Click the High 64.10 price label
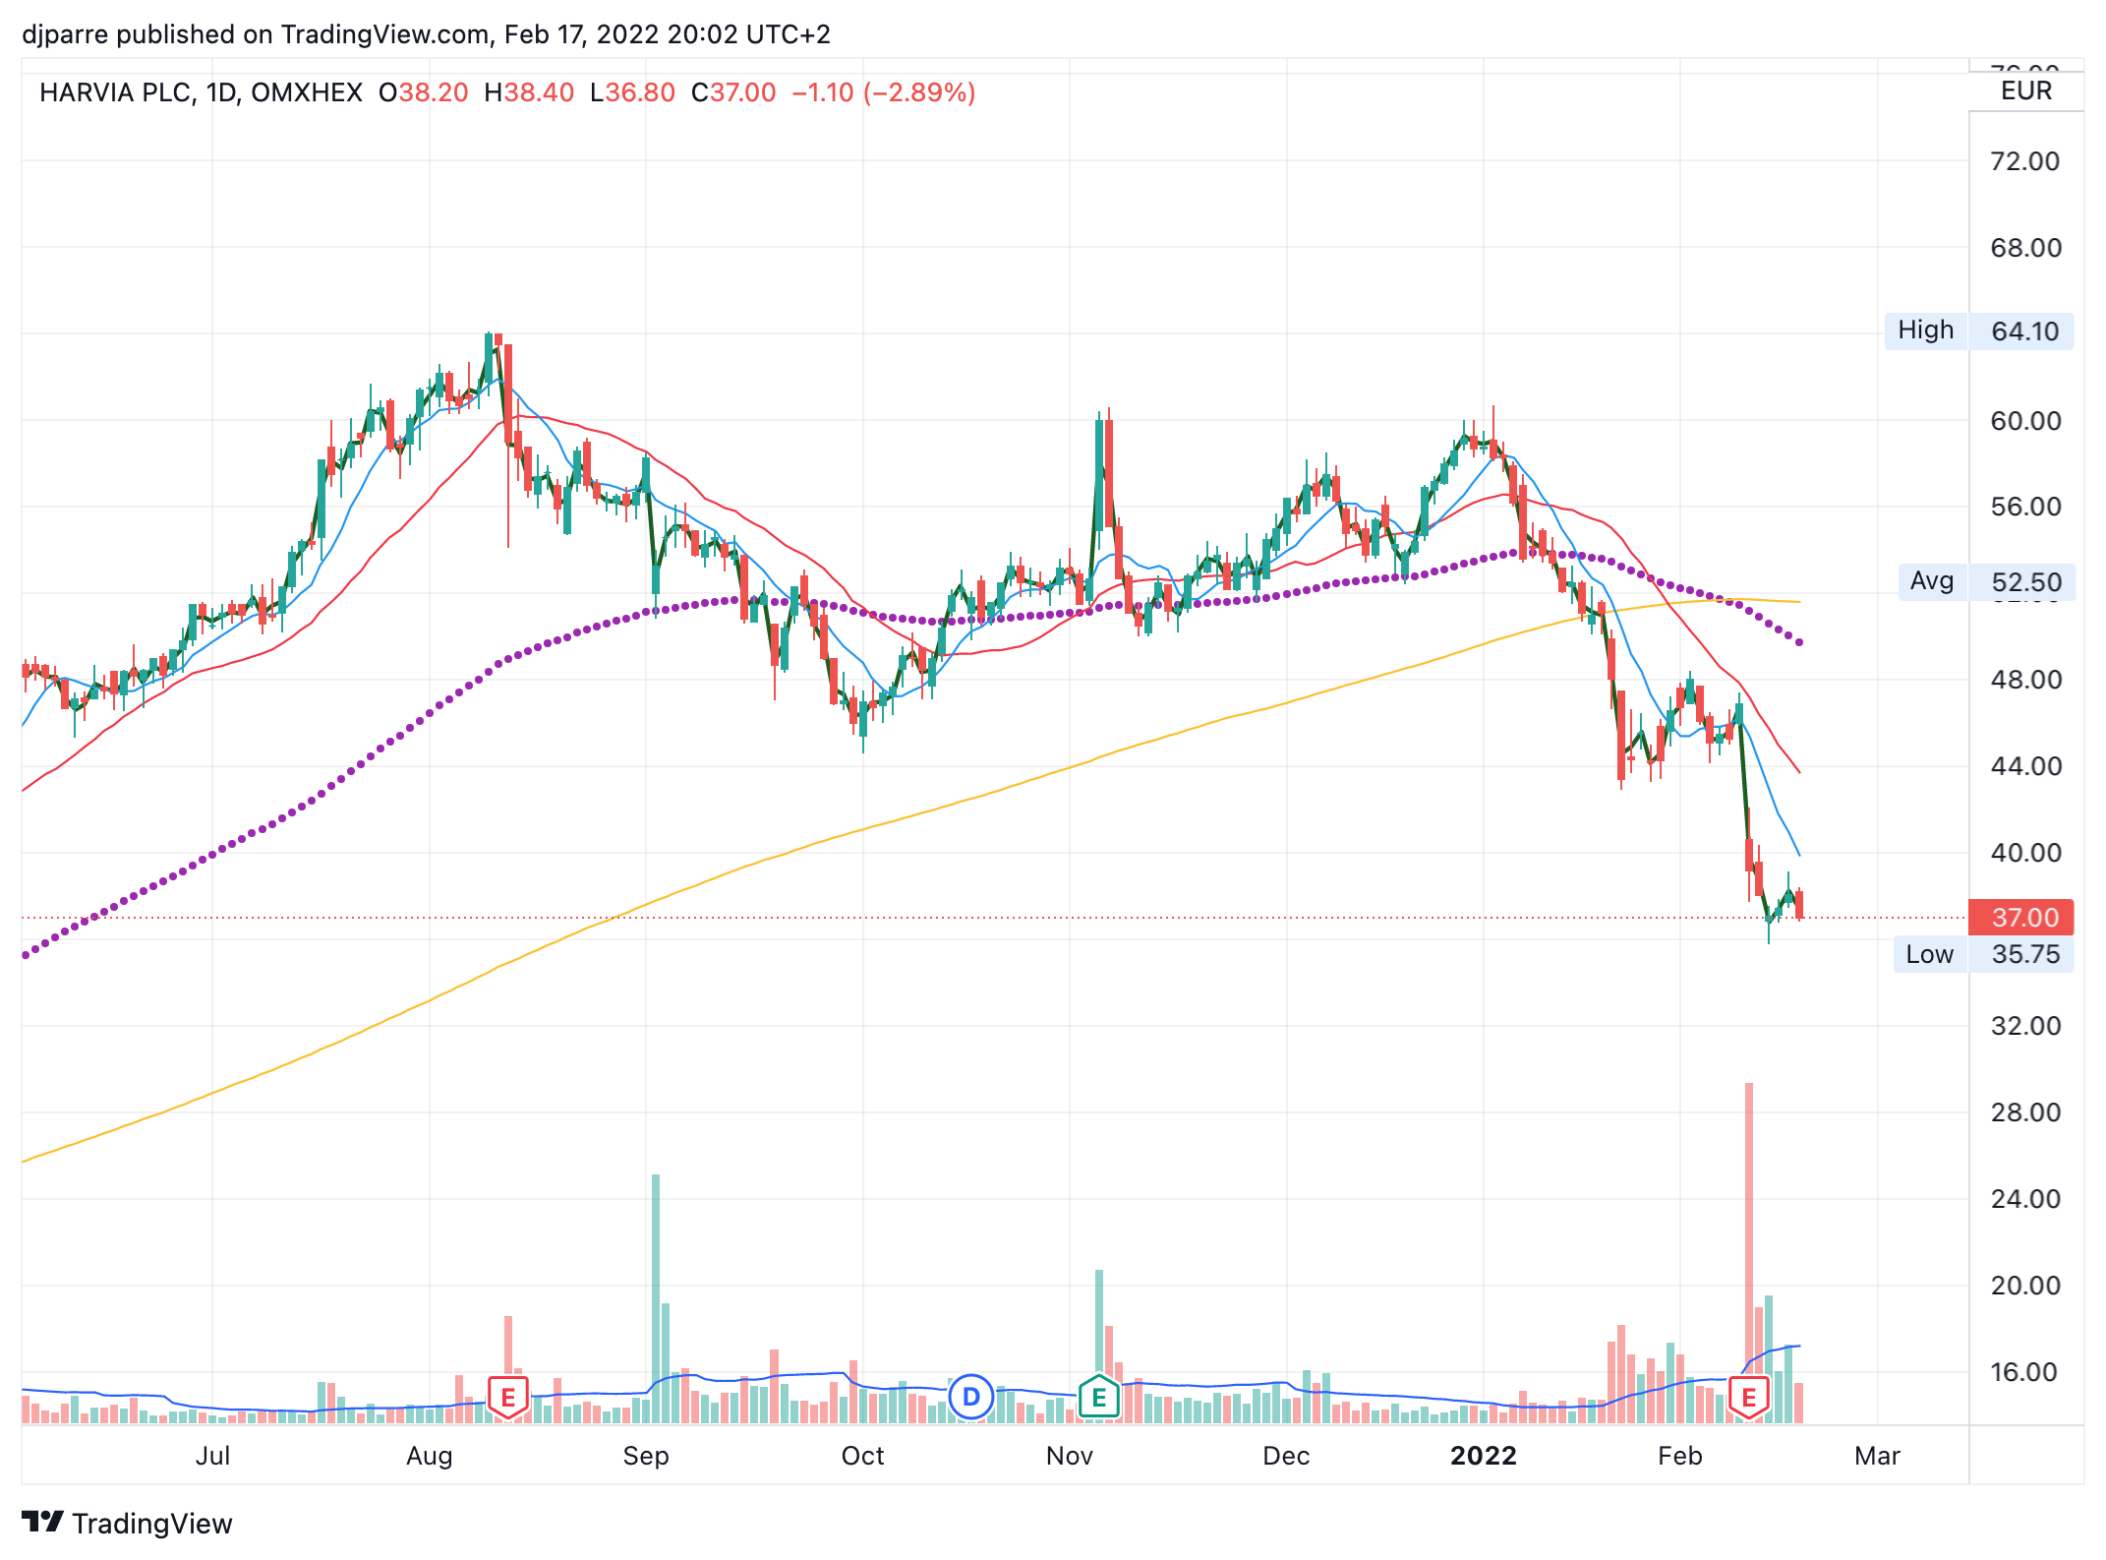pyautogui.click(x=1979, y=330)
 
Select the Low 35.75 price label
pyautogui.click(x=1983, y=954)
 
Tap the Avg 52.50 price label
pyautogui.click(x=1986, y=581)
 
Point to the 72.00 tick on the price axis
pyautogui.click(x=2024, y=161)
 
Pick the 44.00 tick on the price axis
pyautogui.click(x=2025, y=766)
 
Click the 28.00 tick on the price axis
pyautogui.click(x=2025, y=1112)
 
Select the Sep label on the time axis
pyautogui.click(x=646, y=1456)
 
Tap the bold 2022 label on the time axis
pyautogui.click(x=1483, y=1456)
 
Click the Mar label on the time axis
pyautogui.click(x=1877, y=1456)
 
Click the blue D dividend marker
pyautogui.click(x=971, y=1397)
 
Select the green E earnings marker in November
pyautogui.click(x=1099, y=1397)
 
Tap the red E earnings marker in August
pyautogui.click(x=508, y=1397)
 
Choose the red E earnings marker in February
pyautogui.click(x=1749, y=1397)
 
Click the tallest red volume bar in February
pyautogui.click(x=1749, y=1230)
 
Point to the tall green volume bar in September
pyautogui.click(x=656, y=1279)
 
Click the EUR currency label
pyautogui.click(x=2026, y=91)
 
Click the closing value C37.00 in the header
pyautogui.click(x=733, y=92)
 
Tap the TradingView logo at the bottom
pyautogui.click(x=128, y=1523)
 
